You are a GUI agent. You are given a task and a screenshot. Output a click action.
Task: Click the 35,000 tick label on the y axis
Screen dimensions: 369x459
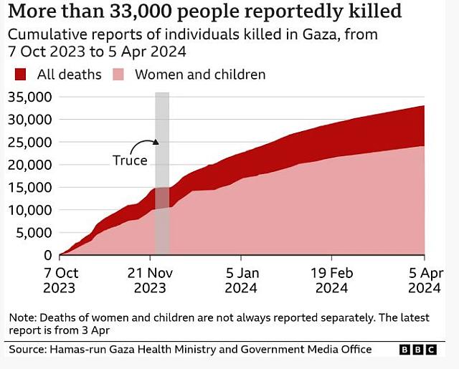(x=29, y=97)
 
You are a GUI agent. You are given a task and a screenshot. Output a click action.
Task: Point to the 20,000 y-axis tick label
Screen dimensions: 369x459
(x=29, y=165)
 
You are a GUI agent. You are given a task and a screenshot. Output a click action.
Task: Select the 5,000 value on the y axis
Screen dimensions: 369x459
(x=33, y=232)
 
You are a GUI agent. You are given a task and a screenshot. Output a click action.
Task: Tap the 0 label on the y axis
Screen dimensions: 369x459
(x=48, y=255)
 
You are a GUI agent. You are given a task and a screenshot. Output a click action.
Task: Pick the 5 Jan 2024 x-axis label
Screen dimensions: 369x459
(x=241, y=280)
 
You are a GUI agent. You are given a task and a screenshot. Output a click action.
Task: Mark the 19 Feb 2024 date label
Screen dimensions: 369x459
(x=331, y=280)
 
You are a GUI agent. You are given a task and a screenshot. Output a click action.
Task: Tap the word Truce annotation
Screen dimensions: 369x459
(x=130, y=160)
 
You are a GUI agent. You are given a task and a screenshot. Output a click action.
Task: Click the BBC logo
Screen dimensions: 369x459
(x=418, y=350)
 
